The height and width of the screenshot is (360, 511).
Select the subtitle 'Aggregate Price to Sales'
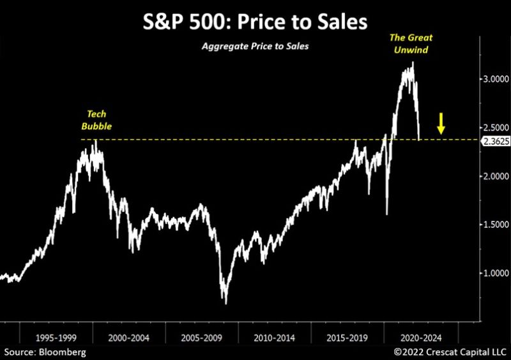[x=256, y=47]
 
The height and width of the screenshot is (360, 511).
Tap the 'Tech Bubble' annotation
[x=96, y=121]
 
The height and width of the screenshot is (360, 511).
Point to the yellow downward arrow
[x=441, y=124]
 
